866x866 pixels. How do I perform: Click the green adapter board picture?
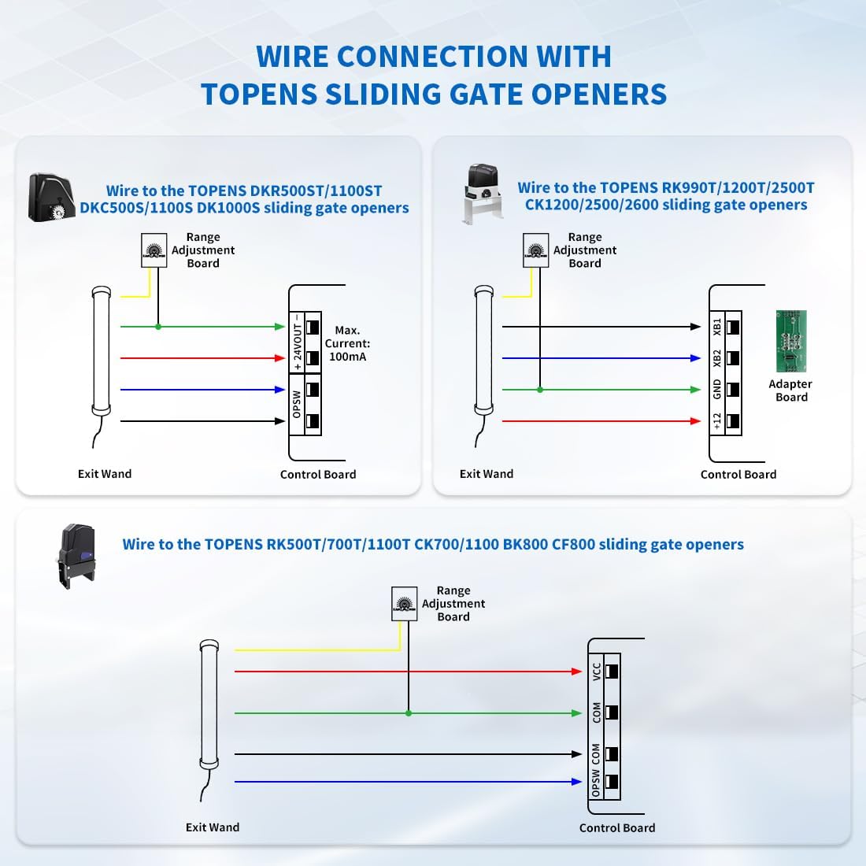[791, 341]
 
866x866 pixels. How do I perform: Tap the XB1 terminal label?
[717, 327]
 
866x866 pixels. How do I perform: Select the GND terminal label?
[717, 389]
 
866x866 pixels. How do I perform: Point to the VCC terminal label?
[597, 672]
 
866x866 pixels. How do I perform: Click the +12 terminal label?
[717, 421]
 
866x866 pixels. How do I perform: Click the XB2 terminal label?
[717, 358]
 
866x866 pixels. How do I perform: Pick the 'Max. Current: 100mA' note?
[347, 343]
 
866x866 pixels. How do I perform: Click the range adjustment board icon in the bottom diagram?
[404, 604]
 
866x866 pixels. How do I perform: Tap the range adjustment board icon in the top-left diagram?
[154, 250]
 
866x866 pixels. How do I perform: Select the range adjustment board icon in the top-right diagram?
[536, 250]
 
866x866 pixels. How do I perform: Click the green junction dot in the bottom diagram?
[408, 713]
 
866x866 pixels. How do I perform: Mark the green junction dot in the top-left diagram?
[158, 327]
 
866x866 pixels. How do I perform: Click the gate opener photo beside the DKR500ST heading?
[51, 197]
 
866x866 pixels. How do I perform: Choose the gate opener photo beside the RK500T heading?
[76, 556]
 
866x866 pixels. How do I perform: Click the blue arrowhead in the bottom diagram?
[577, 782]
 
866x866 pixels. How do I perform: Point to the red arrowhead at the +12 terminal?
[695, 421]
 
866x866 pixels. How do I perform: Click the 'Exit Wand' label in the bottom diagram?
[213, 827]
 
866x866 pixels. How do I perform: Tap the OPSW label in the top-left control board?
[297, 405]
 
